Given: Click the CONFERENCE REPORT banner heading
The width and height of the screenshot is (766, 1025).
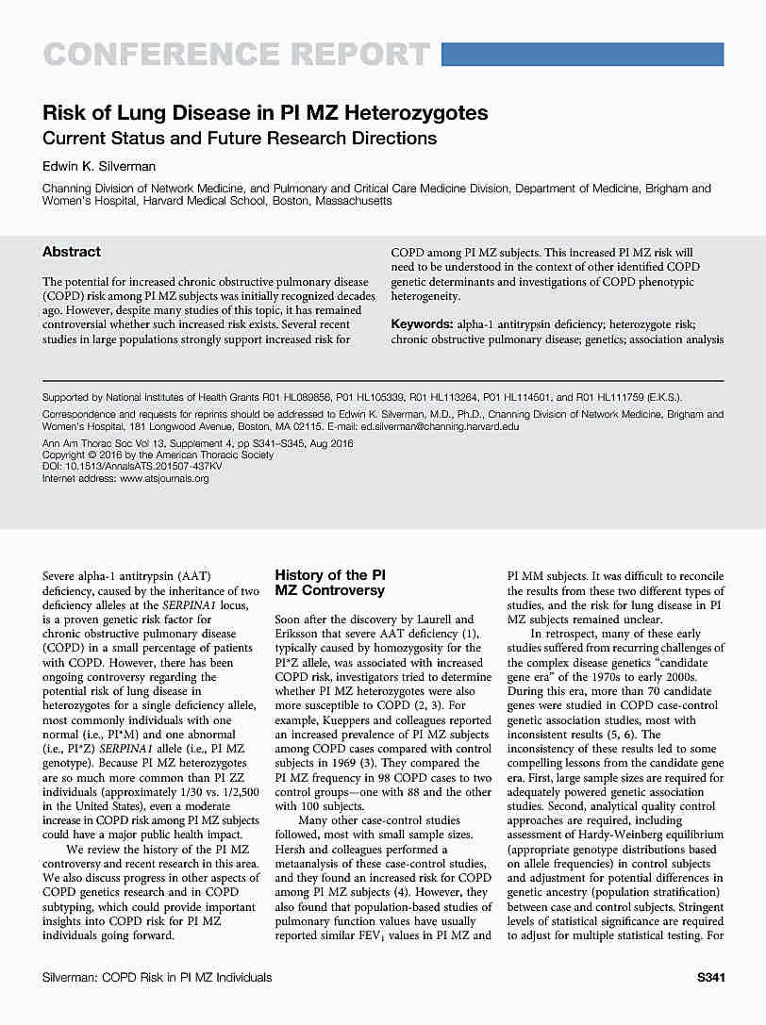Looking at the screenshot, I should [x=236, y=54].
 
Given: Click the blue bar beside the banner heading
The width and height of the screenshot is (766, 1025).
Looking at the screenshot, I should [x=582, y=53].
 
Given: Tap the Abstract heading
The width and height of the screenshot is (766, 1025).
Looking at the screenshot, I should [x=72, y=252].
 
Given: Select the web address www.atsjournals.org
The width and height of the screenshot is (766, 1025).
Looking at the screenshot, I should [x=164, y=478].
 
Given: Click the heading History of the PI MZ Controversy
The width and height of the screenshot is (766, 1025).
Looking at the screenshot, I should [x=329, y=583].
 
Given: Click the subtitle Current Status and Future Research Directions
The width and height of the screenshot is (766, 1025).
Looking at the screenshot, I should [x=240, y=138].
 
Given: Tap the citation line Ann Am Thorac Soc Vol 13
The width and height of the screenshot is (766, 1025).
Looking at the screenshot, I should [x=112, y=443].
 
